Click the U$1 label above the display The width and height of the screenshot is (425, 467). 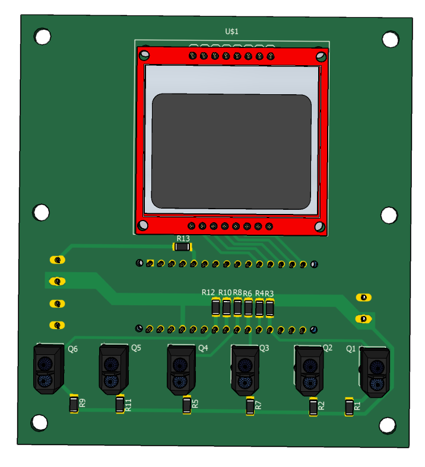(231, 31)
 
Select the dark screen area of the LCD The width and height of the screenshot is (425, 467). (231, 151)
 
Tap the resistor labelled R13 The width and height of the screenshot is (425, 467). (182, 247)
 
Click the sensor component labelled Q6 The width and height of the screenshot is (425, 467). (49, 369)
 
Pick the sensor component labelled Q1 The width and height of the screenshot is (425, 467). (375, 372)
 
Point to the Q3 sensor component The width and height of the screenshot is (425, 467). (245, 370)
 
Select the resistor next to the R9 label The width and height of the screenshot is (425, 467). (74, 404)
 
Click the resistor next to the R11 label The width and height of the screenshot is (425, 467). (120, 404)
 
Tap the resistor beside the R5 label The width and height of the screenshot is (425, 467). (187, 405)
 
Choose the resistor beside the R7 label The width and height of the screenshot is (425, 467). (250, 406)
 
